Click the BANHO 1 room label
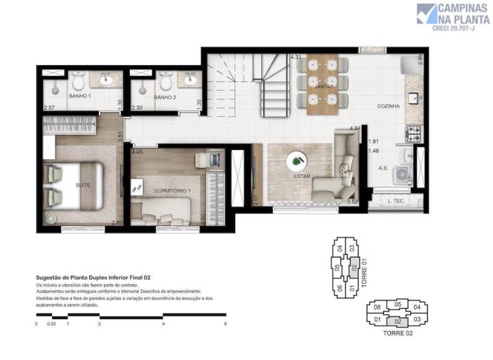(80, 97)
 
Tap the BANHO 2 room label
(165, 97)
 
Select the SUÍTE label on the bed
(83, 185)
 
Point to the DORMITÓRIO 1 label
(171, 190)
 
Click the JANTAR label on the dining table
(323, 88)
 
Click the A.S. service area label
(383, 167)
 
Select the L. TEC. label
(395, 201)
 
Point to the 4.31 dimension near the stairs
(296, 57)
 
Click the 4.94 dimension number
(354, 129)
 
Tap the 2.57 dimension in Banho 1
(49, 107)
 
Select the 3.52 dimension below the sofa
(353, 202)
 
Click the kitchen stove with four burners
(414, 130)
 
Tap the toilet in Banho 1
(77, 83)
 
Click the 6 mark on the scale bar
(225, 324)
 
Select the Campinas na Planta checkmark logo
(426, 14)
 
